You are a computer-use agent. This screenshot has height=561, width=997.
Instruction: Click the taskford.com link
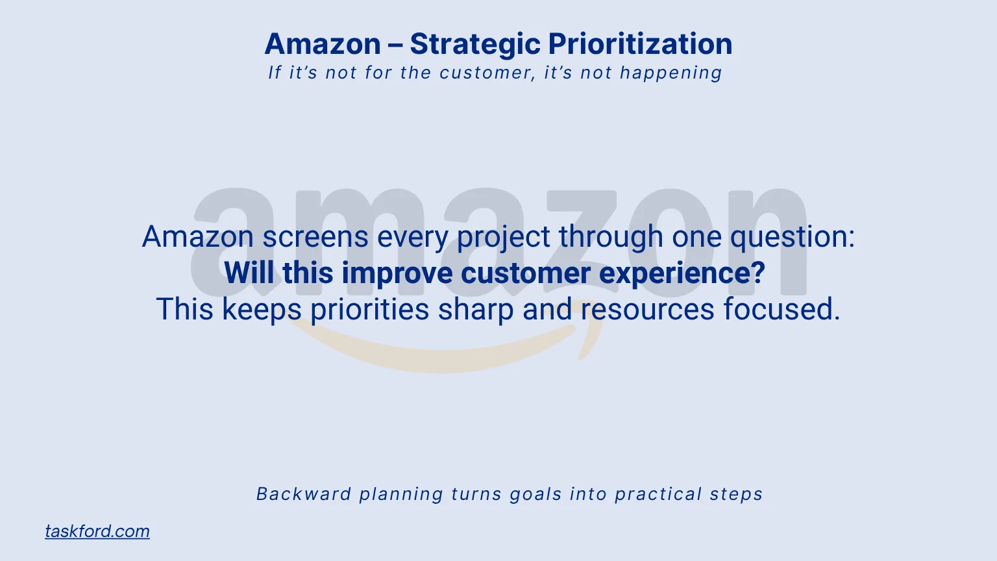coord(97,531)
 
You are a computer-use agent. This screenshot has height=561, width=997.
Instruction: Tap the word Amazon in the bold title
coord(323,44)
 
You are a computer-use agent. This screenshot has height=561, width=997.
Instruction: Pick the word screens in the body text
coord(315,236)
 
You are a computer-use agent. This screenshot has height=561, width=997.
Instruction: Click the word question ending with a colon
coord(793,238)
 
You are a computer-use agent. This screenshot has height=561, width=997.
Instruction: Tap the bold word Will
coord(250,273)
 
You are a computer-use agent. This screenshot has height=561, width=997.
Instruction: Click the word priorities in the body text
coord(369,310)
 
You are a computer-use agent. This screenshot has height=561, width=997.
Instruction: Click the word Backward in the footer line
coord(304,494)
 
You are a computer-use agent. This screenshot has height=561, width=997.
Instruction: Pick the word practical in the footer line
coord(658,494)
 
